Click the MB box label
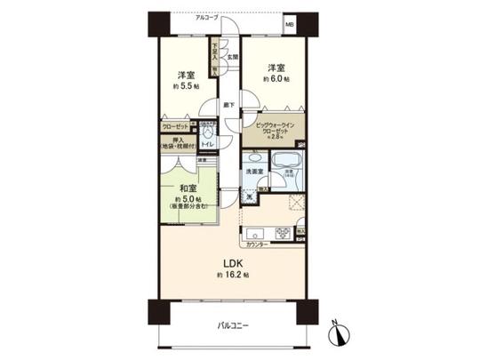coord(291,24)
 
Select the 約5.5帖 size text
coord(187,87)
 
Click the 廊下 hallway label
coord(228,105)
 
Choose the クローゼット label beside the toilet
coord(174,127)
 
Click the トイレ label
coord(206,143)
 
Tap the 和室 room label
coord(187,188)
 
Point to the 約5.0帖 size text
coord(187,200)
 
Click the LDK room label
coord(231,263)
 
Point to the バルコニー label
coord(233,326)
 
